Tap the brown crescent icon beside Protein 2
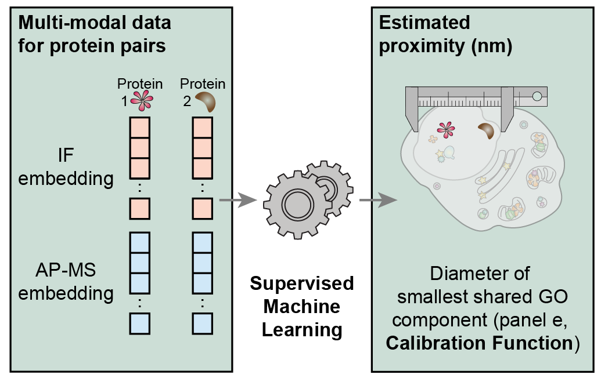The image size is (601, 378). (205, 102)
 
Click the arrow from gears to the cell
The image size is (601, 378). (378, 201)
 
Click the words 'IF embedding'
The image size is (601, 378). (66, 168)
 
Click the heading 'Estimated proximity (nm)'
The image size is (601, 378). (445, 34)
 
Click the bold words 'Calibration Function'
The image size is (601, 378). (479, 343)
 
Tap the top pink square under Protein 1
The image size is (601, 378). (140, 127)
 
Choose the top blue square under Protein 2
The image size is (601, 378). (202, 242)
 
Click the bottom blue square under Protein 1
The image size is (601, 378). (140, 322)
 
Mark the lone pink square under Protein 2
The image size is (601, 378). (202, 208)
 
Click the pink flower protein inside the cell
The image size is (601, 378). (445, 130)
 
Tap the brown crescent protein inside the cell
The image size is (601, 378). (486, 131)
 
